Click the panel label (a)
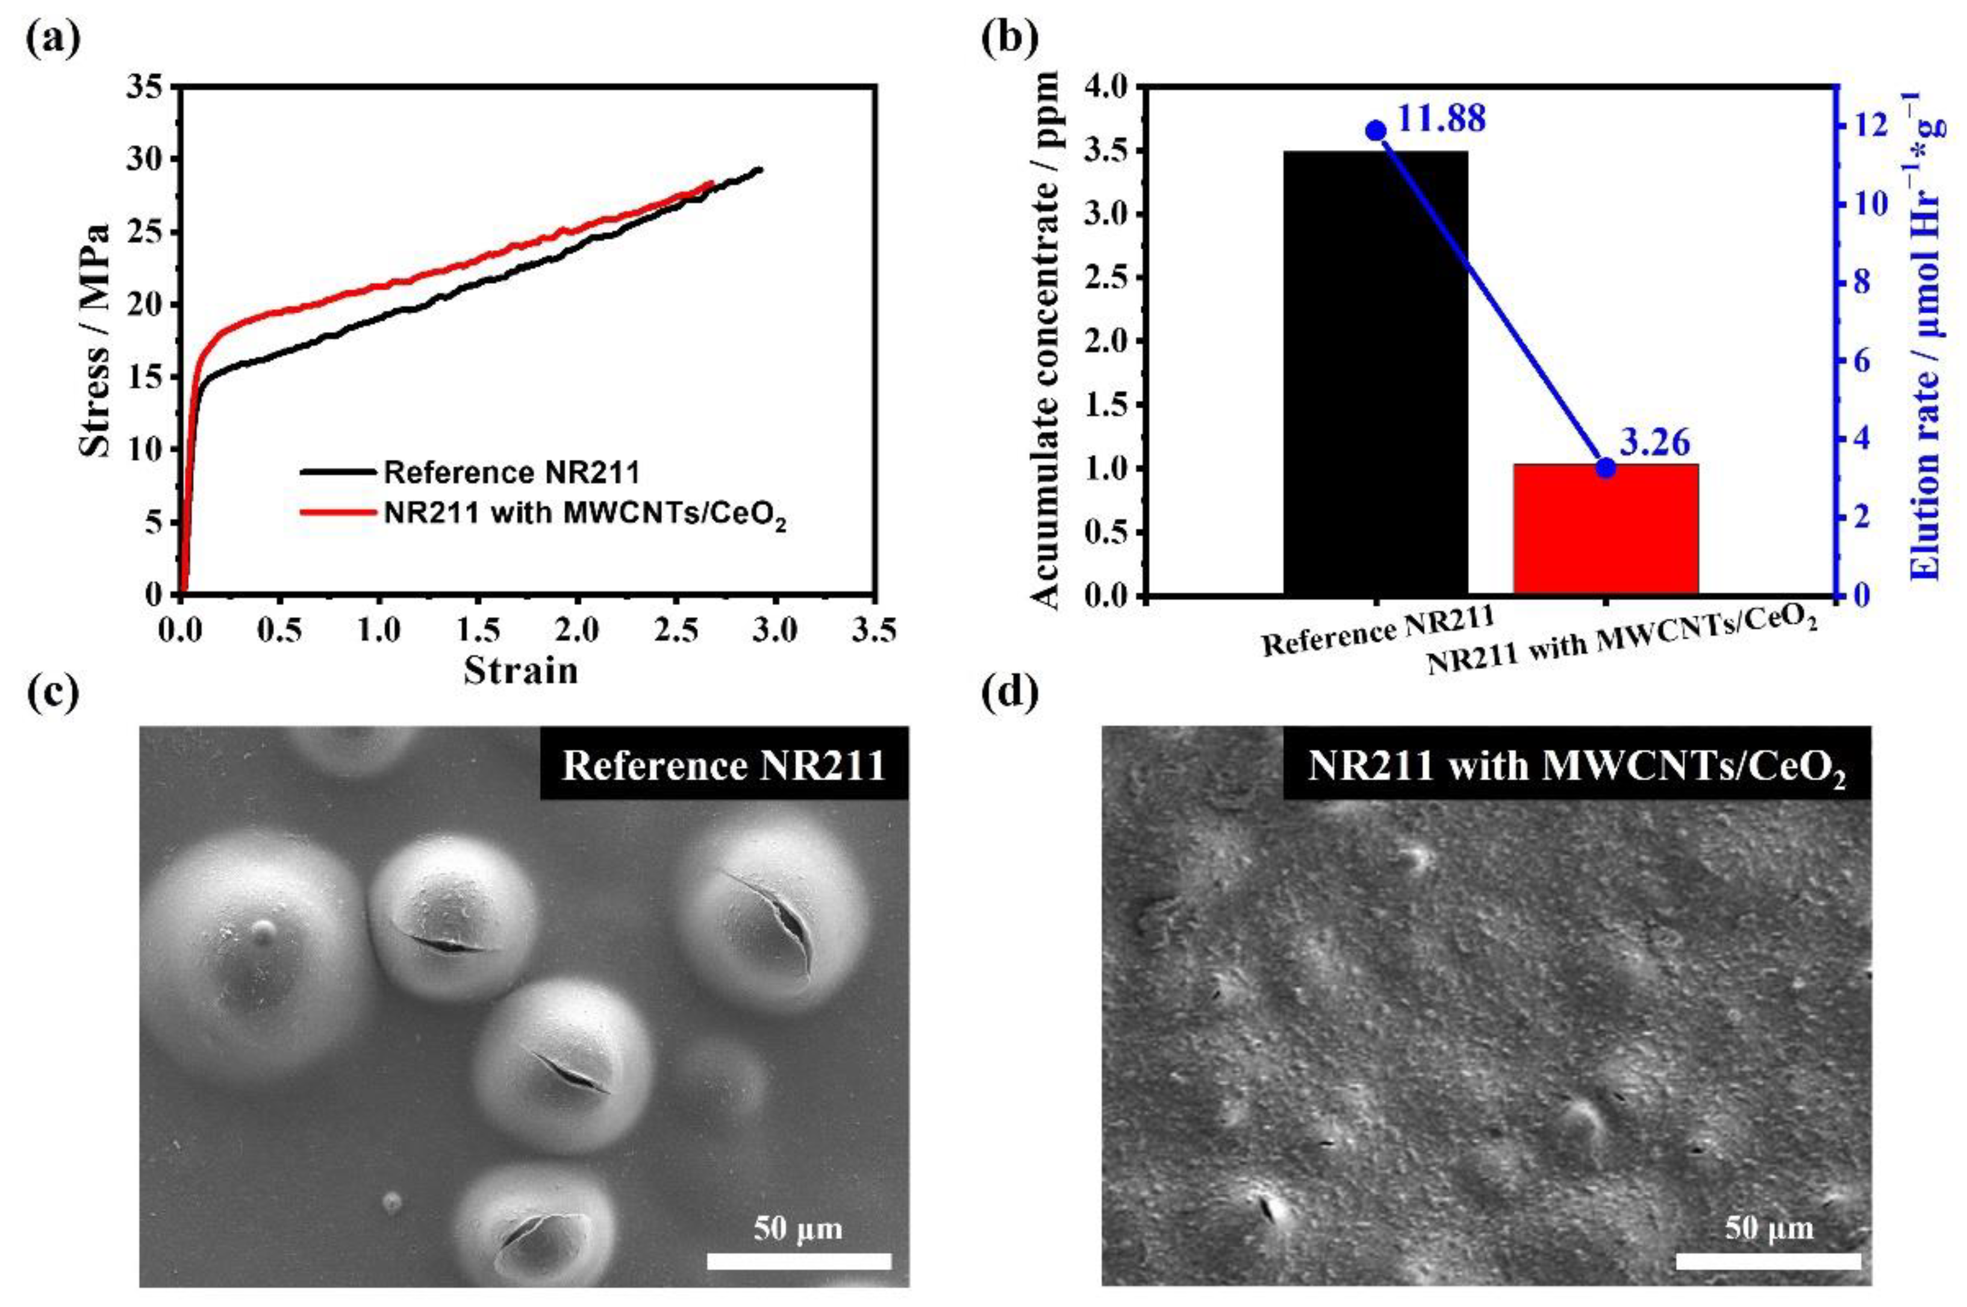click(x=52, y=39)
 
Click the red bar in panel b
click(x=1604, y=528)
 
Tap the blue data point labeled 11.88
click(x=1376, y=130)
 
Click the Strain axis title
click(x=521, y=670)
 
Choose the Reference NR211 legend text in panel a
click(x=511, y=472)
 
